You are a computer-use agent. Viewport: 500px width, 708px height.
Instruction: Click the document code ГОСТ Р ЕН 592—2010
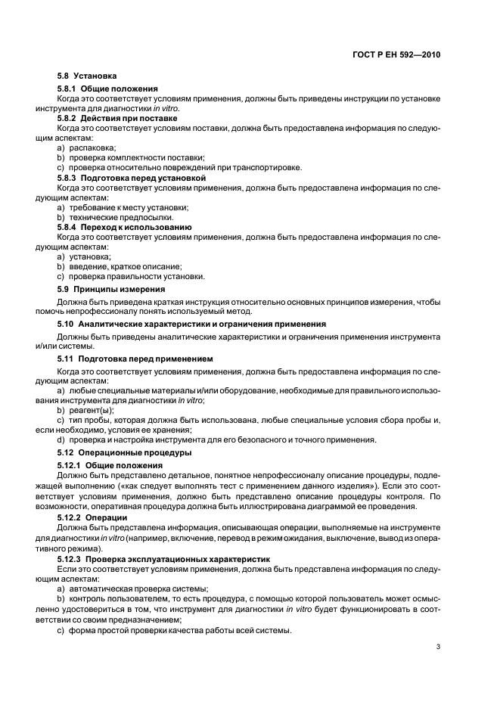tap(396, 55)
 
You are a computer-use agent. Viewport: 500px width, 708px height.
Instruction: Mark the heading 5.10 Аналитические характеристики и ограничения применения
tap(191, 324)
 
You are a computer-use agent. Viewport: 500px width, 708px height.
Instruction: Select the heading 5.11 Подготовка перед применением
tap(135, 358)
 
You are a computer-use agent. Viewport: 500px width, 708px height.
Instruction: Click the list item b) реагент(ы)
tap(85, 409)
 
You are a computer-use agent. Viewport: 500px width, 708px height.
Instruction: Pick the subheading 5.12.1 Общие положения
tap(110, 464)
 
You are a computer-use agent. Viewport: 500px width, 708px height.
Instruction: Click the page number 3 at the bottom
tap(438, 647)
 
